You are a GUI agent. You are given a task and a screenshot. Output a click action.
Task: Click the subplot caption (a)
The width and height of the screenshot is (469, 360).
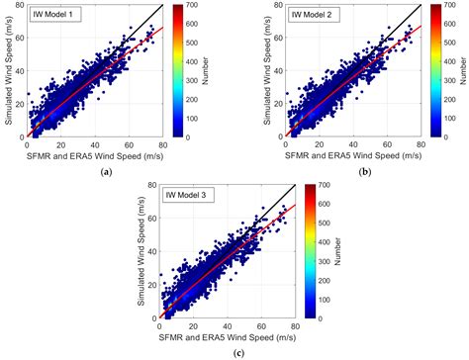(105, 171)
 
